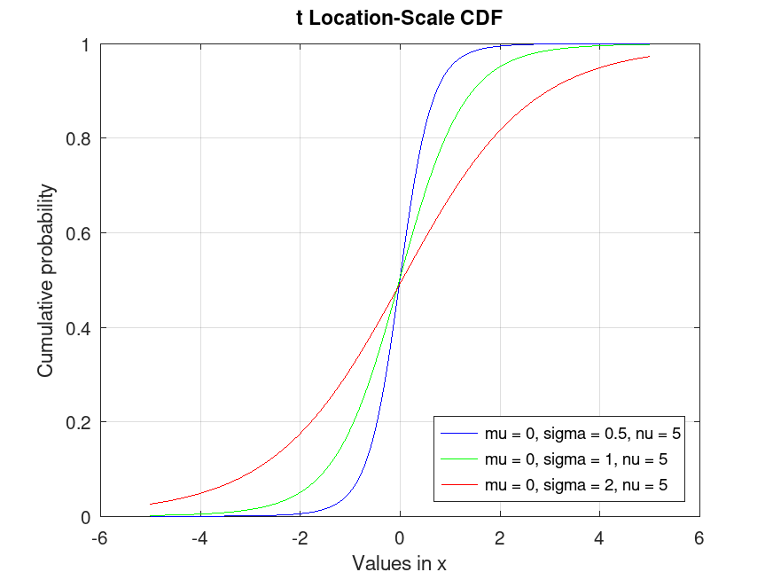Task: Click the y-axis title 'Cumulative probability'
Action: click(46, 280)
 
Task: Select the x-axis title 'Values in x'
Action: click(400, 563)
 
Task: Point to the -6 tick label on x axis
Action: click(100, 537)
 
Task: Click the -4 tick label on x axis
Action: click(199, 537)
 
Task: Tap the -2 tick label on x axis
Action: click(300, 537)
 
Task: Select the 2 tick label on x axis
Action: click(500, 537)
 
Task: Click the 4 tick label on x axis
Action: click(599, 537)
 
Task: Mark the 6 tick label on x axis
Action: click(699, 537)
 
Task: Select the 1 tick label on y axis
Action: click(91, 44)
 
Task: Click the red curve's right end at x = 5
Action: click(649, 57)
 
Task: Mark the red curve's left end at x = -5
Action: click(151, 504)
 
